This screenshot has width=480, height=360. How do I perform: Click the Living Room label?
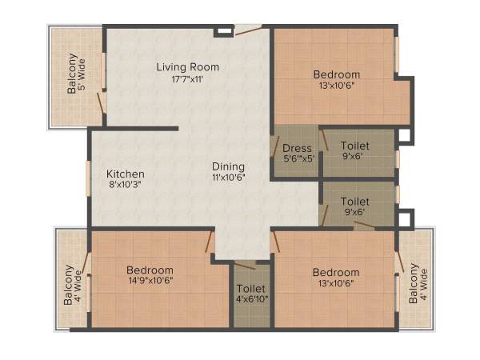pos(187,67)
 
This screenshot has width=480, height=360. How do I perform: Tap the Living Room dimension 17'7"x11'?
pos(187,80)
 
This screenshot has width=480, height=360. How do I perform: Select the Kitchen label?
pos(126,174)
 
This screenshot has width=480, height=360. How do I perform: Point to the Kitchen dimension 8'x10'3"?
pos(126,186)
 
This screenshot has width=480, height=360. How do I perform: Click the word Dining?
pos(228,166)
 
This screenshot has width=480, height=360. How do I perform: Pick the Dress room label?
pos(298,148)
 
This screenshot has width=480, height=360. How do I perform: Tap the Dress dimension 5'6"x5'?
pos(298,158)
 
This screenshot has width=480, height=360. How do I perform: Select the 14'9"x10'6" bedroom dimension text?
pos(150,281)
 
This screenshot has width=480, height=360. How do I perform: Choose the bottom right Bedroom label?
pos(336,272)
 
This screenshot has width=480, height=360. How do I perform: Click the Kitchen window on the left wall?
pos(89,178)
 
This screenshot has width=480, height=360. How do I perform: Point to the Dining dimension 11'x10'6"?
pos(228,178)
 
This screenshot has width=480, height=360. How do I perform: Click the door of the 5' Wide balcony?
pos(102,102)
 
